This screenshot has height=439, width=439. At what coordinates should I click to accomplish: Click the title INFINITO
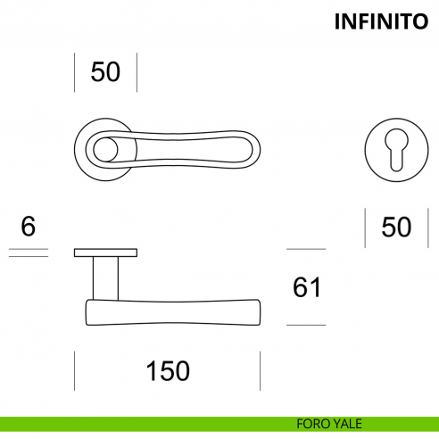click(x=381, y=21)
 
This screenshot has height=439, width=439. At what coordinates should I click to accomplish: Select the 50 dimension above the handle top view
click(x=105, y=71)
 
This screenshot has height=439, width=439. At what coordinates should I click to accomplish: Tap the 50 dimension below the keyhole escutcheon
click(x=396, y=227)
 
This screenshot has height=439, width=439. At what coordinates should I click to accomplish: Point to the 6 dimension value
click(x=28, y=227)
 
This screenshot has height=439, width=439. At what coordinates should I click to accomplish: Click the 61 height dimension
click(x=306, y=287)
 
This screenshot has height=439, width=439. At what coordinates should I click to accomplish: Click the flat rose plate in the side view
click(x=105, y=252)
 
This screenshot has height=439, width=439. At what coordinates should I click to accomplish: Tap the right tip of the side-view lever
click(x=259, y=311)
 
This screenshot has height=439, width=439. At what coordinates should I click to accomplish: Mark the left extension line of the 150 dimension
click(x=74, y=370)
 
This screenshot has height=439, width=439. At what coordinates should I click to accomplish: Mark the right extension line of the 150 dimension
click(x=260, y=370)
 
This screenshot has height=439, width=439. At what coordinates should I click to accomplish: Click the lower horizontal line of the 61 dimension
click(x=306, y=325)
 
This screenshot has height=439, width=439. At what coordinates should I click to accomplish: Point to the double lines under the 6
click(x=28, y=253)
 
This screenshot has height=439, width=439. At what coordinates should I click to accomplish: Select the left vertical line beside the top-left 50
click(x=74, y=71)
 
